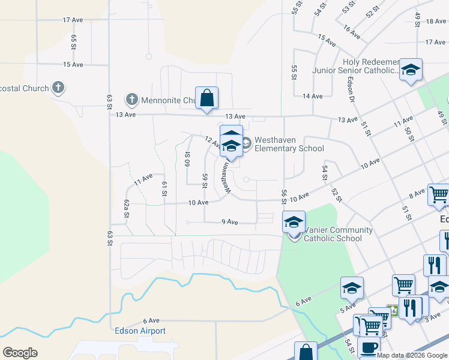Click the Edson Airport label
140,331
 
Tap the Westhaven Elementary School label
289,144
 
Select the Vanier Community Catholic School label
338,234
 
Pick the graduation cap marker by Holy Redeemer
411,70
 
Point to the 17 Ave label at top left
73,20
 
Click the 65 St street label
74,42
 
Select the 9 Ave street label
230,222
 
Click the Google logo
20,353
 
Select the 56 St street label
283,196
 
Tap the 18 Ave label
435,21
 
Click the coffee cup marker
369,347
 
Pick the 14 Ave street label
313,96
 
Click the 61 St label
163,188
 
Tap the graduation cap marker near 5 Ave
352,287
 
